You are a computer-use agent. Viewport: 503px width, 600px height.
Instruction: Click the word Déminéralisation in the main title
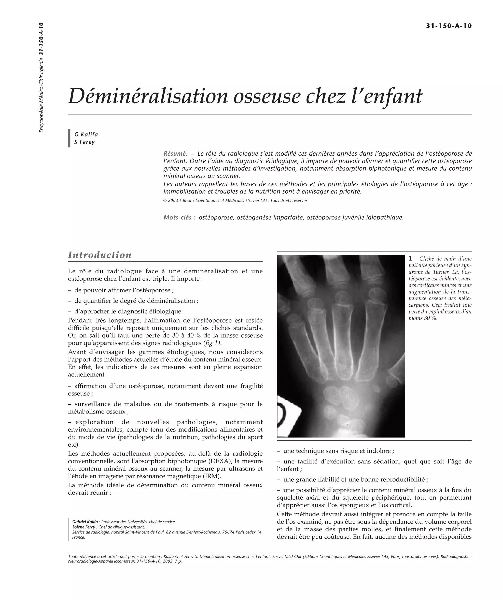148,96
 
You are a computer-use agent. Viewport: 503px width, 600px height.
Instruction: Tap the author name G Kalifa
86,134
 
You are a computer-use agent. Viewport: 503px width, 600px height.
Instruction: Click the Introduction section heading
99,255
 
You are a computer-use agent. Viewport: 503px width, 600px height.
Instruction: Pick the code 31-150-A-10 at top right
449,26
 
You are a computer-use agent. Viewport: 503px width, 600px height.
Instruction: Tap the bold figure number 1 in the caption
410,259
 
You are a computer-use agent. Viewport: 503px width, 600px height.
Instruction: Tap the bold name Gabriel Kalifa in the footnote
85,522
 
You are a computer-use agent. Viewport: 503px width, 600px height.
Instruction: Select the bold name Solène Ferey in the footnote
84,527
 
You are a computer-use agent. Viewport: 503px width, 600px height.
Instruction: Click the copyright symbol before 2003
165,201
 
